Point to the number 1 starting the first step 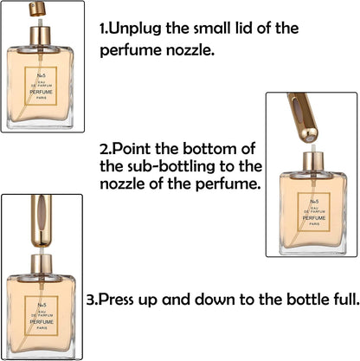[x=102, y=29]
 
